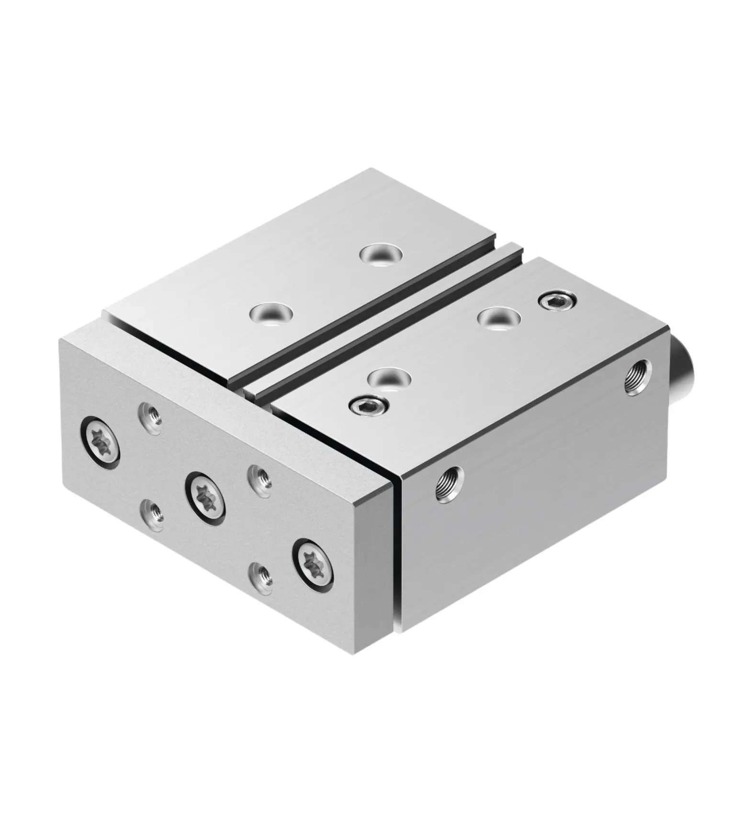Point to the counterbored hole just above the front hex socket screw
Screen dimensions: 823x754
point(389,377)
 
